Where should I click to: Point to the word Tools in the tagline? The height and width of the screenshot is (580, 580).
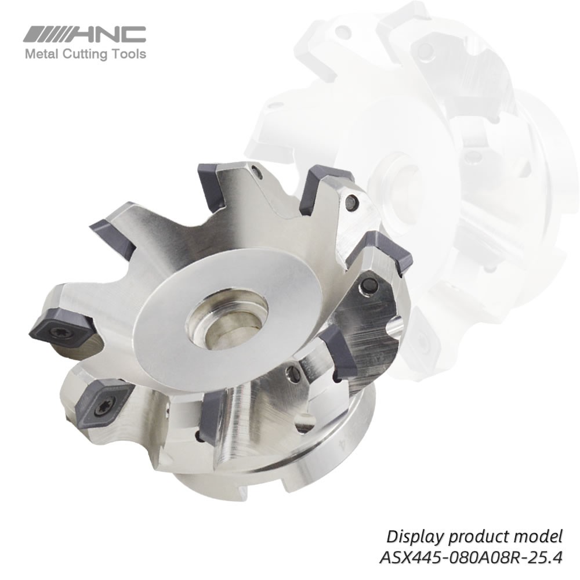130,55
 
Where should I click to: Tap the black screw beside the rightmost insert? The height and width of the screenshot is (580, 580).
367,285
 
